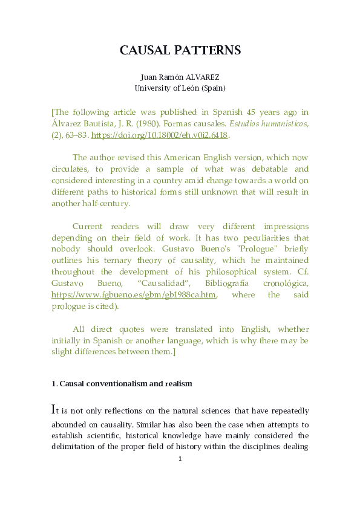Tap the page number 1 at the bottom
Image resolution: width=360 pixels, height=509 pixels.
click(180, 459)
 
